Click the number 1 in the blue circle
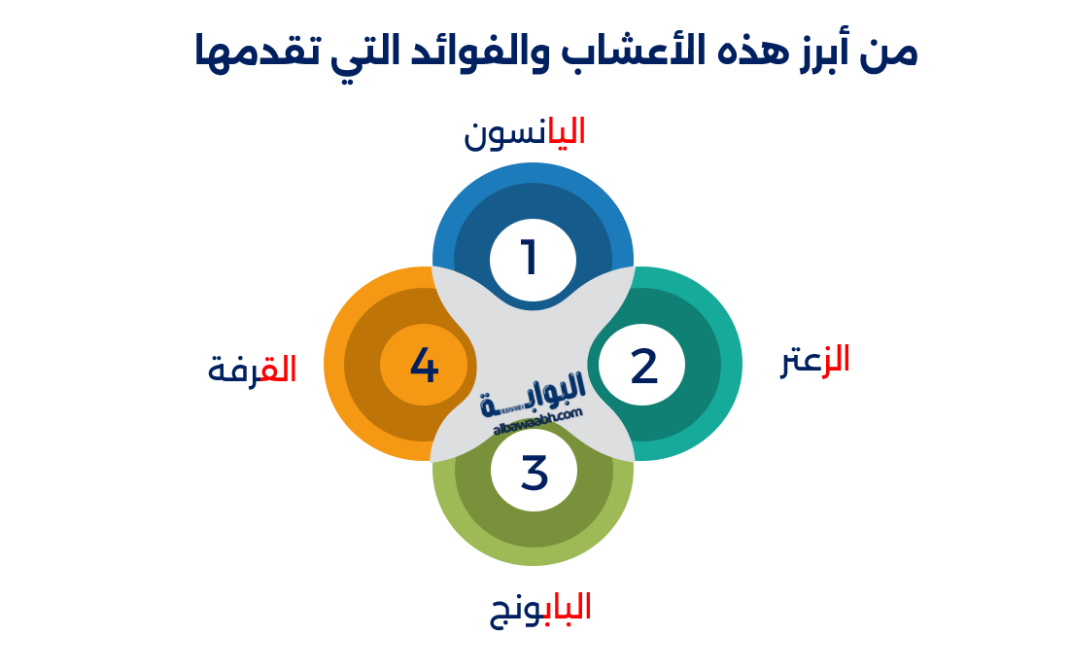pyautogui.click(x=530, y=259)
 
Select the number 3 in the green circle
pyautogui.click(x=535, y=473)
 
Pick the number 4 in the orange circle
pyautogui.click(x=425, y=366)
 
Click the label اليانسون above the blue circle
pyautogui.click(x=525, y=132)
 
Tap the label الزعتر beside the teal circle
pyautogui.click(x=815, y=360)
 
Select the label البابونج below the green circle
pyautogui.click(x=540, y=608)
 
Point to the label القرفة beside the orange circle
pyautogui.click(x=252, y=370)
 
